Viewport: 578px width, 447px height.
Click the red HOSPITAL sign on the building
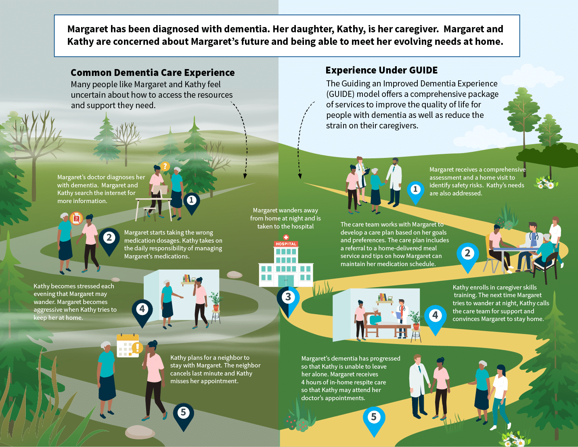[286, 244]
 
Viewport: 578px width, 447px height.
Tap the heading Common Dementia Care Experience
[153, 73]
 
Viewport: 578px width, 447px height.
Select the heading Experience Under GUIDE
[381, 70]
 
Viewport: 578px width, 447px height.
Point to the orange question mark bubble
[165, 166]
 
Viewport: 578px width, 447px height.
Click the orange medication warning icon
[76, 218]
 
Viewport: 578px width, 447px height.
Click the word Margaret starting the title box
[88, 29]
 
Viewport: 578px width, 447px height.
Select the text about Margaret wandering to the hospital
[285, 218]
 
